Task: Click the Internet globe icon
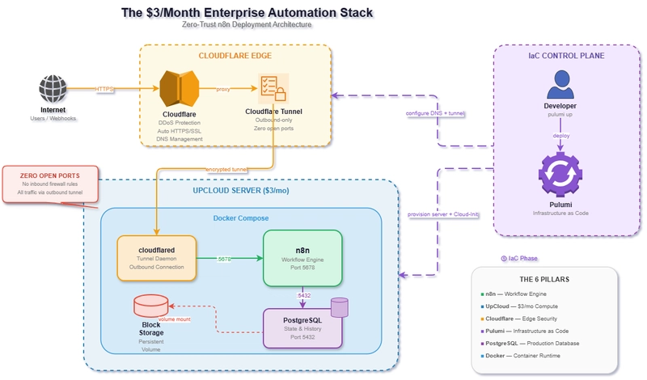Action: (53, 87)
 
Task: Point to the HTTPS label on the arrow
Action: (105, 88)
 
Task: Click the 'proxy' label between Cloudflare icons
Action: (223, 89)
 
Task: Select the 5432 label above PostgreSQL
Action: (305, 296)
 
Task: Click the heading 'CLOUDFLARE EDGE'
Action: (235, 56)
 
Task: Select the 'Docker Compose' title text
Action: (240, 218)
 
